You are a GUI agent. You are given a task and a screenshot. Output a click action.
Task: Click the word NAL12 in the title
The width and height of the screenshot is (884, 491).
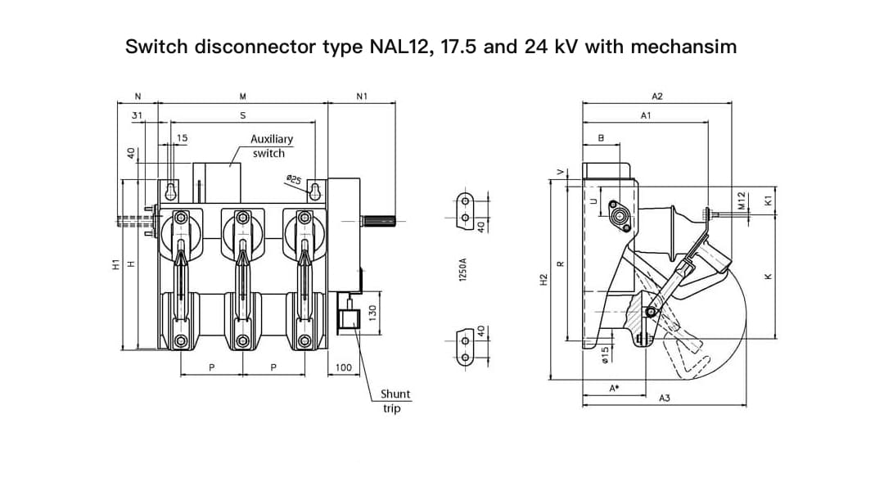400,47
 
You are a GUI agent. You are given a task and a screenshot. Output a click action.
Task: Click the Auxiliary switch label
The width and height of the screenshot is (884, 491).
271,146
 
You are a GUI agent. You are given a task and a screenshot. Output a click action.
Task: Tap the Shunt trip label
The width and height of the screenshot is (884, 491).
395,401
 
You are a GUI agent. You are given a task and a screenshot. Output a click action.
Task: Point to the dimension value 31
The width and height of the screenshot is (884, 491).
138,115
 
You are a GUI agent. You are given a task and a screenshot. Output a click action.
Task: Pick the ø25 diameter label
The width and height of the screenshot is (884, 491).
293,179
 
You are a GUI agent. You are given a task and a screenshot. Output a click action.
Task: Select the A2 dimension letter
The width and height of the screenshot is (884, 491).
656,96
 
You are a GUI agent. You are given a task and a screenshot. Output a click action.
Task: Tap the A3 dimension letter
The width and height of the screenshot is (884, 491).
665,398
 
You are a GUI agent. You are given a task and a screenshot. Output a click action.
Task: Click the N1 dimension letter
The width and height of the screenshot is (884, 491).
362,96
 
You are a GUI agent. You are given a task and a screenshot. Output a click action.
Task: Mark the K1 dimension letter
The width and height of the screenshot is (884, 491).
768,200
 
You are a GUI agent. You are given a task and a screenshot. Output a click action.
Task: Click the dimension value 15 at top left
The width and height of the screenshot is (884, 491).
182,138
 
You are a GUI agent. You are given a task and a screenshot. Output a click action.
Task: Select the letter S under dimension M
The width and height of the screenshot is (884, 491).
243,115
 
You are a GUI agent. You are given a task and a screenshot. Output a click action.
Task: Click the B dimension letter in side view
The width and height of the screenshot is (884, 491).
602,138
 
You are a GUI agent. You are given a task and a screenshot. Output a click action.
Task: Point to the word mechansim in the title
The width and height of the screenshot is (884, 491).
683,47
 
